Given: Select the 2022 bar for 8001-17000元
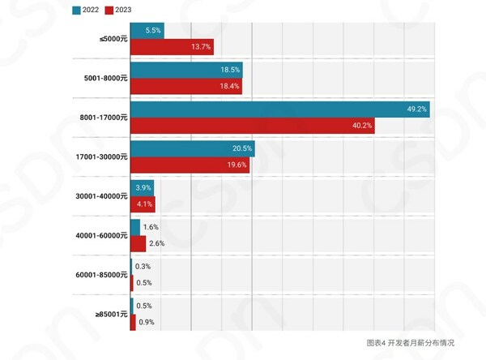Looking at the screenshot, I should pos(279,109).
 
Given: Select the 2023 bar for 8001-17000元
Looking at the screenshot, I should pos(252,126).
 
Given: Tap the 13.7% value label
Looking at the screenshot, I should pos(201,47).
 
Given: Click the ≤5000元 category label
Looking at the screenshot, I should pos(112,39).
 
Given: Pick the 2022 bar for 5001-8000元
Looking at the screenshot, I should pos(186,71).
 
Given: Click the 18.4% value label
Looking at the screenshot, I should pos(230,86).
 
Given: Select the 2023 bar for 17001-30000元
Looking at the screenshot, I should pos(190,165).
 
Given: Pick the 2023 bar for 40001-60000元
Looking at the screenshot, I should pos(138,243).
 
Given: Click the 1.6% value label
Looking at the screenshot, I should pos(151,227).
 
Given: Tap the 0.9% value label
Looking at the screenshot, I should pos(147,322).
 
